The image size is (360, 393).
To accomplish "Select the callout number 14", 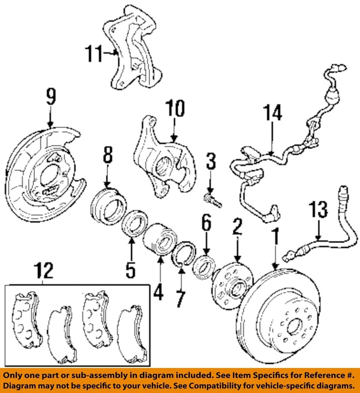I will click(272, 113).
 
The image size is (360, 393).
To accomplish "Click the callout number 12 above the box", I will click(43, 271).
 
